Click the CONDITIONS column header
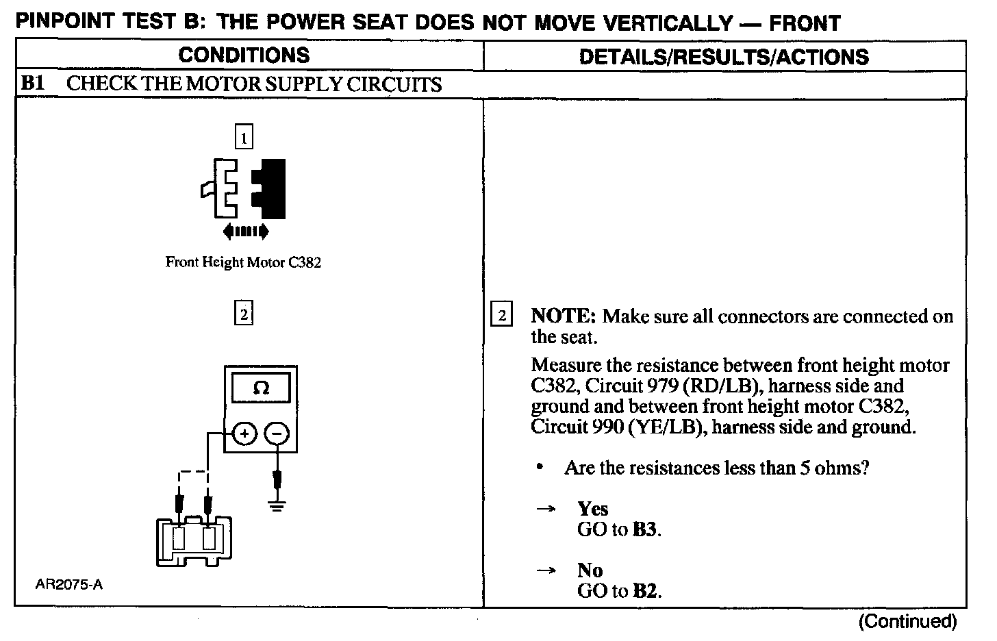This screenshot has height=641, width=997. pyautogui.click(x=244, y=55)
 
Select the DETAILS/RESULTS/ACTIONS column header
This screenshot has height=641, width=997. pyautogui.click(x=724, y=56)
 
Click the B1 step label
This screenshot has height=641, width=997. pyautogui.click(x=33, y=84)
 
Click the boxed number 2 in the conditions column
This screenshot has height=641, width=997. pyautogui.click(x=244, y=314)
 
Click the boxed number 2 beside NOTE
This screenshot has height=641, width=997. pyautogui.click(x=502, y=316)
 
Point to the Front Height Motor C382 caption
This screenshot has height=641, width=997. pyautogui.click(x=243, y=262)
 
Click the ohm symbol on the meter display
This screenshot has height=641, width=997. pyautogui.click(x=261, y=388)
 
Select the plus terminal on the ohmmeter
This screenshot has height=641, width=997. pyautogui.click(x=245, y=433)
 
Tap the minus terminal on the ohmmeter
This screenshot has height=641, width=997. pyautogui.click(x=277, y=433)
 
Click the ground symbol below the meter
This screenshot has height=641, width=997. pyautogui.click(x=277, y=507)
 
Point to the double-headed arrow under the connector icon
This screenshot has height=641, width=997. pyautogui.click(x=246, y=231)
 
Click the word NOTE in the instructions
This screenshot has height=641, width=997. pyautogui.click(x=564, y=316)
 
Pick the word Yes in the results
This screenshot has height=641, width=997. pyautogui.click(x=592, y=509)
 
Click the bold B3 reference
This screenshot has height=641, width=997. pyautogui.click(x=646, y=530)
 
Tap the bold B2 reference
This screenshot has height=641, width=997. pyautogui.click(x=646, y=591)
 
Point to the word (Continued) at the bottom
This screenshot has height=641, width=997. pyautogui.click(x=907, y=621)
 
